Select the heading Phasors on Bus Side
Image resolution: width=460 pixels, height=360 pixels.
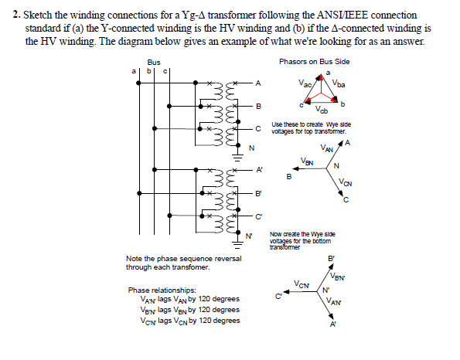(314, 61)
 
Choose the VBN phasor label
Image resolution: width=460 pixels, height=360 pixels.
(308, 161)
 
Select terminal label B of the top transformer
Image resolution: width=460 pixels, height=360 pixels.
(259, 105)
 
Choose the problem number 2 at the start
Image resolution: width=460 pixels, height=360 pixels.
(17, 15)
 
